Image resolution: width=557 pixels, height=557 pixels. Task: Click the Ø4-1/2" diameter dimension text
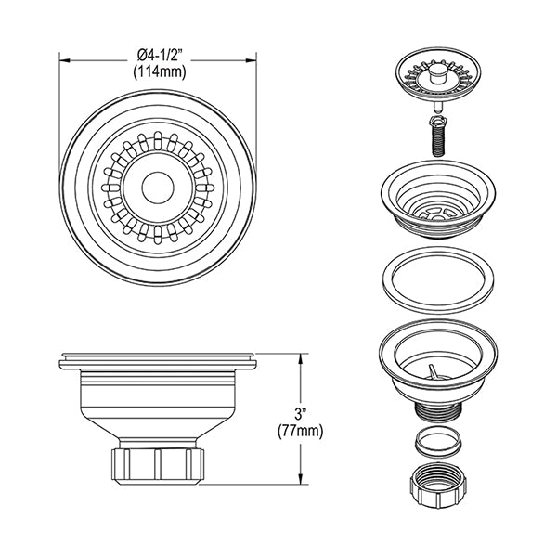(x=160, y=56)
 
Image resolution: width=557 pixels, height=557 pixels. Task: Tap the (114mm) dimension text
(x=160, y=72)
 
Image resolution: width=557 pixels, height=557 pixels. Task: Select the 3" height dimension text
(x=301, y=414)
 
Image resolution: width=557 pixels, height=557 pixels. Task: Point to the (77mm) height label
(x=301, y=431)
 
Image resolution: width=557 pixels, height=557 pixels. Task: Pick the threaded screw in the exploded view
(x=439, y=136)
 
